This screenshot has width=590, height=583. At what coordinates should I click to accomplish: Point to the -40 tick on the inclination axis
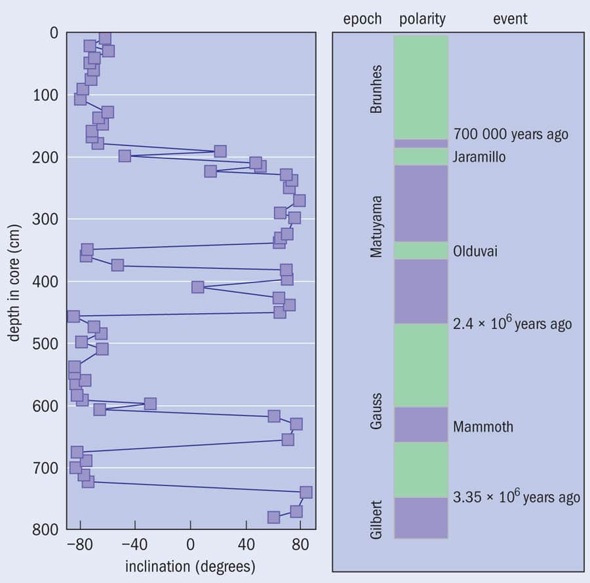tap(135, 544)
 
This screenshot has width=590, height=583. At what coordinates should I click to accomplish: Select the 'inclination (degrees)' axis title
tap(190, 565)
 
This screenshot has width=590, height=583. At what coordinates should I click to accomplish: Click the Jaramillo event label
tap(479, 157)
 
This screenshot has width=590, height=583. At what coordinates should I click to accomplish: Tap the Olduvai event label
tap(475, 251)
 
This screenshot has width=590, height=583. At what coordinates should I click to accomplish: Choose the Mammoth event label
tap(483, 427)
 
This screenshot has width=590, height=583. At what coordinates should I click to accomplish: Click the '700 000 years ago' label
tap(511, 134)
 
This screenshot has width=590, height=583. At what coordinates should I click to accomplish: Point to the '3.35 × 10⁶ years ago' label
tap(517, 497)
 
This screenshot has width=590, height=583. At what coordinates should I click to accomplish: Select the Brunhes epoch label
tap(376, 88)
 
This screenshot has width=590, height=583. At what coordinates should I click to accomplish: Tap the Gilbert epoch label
tap(376, 519)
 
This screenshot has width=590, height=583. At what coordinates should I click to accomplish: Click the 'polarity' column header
tap(422, 19)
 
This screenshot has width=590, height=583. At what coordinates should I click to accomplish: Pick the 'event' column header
tap(510, 19)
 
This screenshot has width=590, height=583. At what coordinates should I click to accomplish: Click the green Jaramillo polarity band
tap(421, 157)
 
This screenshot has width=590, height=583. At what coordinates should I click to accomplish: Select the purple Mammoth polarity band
tap(421, 424)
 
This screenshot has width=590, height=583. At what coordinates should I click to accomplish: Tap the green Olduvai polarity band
tap(421, 251)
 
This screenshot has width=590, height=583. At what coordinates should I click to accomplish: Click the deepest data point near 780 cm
tap(274, 517)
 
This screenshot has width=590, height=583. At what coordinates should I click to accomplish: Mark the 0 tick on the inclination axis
tap(190, 544)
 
